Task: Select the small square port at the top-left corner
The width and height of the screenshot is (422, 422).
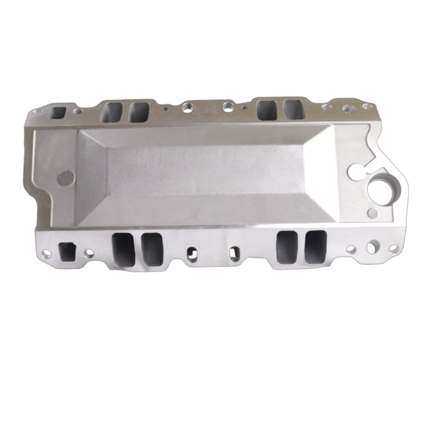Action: coord(59,113)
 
